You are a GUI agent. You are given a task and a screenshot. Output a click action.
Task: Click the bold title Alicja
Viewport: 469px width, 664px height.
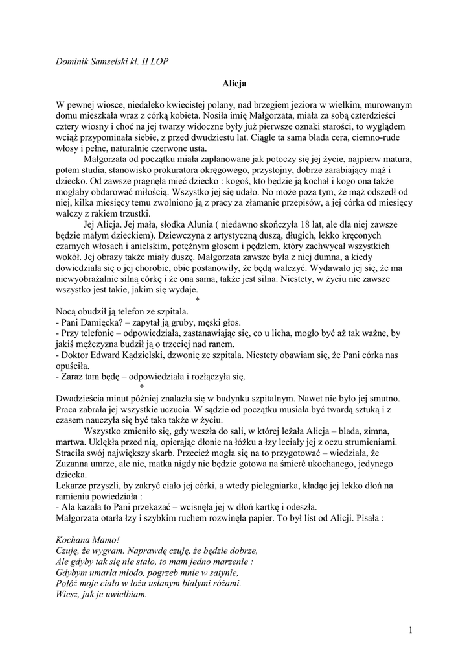click(234, 84)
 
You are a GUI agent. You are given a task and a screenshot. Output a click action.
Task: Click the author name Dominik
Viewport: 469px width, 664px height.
click(77, 61)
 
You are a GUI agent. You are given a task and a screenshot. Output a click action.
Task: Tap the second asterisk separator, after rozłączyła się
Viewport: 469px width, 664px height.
click(142, 387)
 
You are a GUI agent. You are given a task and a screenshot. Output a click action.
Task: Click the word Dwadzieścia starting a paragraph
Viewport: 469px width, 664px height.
click(84, 397)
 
